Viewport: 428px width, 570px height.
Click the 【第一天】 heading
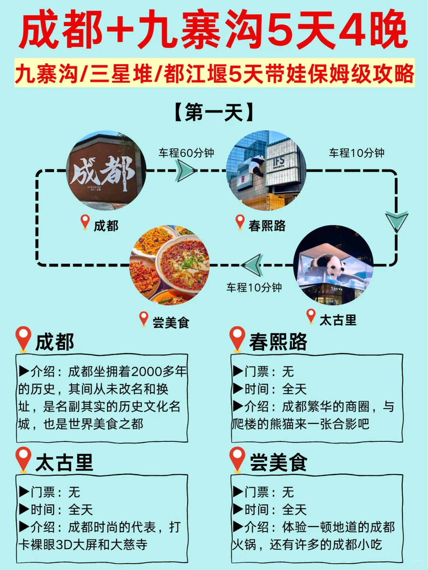point(214,112)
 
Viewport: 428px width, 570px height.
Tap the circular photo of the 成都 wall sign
point(106,170)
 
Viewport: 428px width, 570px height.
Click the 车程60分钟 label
point(186,153)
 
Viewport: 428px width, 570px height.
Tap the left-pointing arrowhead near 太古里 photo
point(252,265)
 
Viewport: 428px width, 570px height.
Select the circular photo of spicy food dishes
point(170,265)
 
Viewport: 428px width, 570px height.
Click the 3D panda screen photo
point(333,265)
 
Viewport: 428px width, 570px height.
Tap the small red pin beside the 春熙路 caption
point(240,222)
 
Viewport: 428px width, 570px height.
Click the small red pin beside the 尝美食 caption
point(143,319)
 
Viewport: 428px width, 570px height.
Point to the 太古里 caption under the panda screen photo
point(338,320)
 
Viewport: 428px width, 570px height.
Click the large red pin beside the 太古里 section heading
point(23,459)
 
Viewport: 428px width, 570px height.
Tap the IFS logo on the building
point(279,161)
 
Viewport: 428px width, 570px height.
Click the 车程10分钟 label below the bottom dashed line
point(254,287)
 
